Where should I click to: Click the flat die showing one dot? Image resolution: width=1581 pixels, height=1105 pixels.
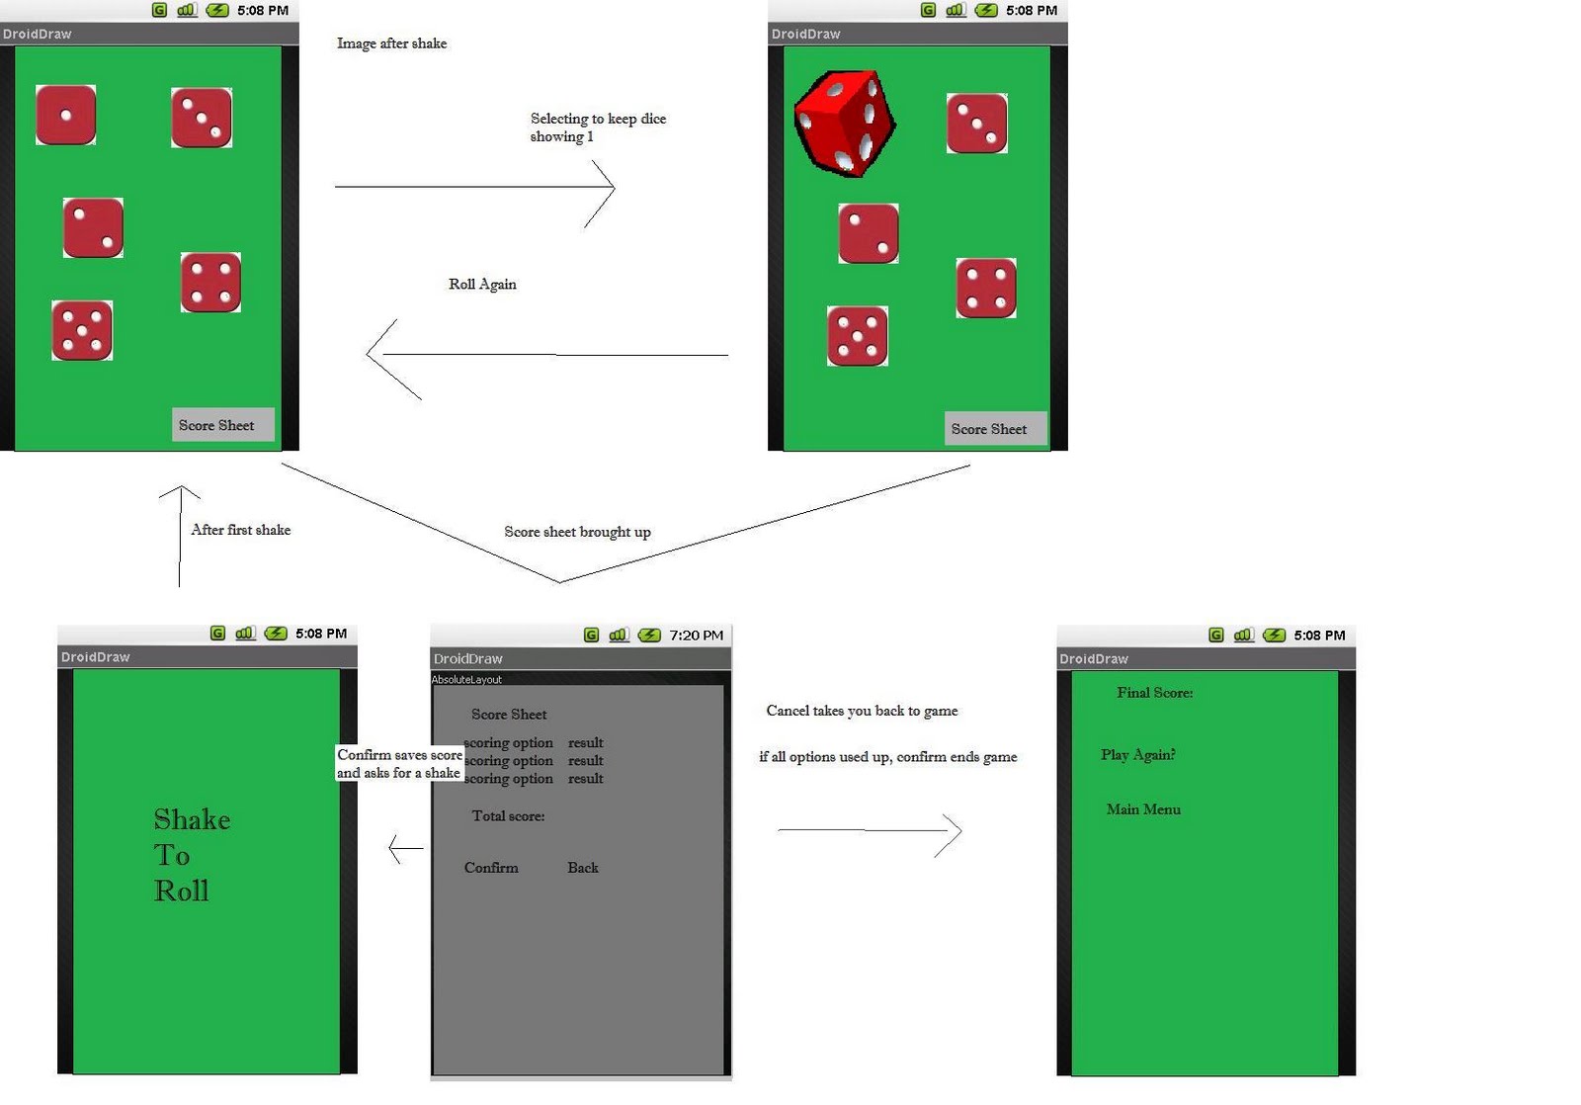[x=65, y=115]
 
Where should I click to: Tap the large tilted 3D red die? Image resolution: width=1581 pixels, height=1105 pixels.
[x=845, y=123]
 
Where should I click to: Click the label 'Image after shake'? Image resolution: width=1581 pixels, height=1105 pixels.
[x=391, y=43]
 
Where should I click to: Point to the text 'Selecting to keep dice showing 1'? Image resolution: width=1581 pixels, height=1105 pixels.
[x=597, y=127]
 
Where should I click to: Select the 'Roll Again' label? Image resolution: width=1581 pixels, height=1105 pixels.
[x=482, y=285]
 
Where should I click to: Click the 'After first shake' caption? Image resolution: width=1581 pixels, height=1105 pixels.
[x=240, y=530]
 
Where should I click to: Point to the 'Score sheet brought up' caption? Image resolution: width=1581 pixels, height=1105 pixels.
[x=577, y=532]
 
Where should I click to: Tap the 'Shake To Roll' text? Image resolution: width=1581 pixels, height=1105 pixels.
[x=191, y=855]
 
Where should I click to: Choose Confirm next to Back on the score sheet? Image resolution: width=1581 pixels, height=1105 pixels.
[x=491, y=868]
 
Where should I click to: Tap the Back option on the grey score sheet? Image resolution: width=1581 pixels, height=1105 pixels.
[x=582, y=868]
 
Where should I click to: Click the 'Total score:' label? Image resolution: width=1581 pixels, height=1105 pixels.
[x=508, y=816]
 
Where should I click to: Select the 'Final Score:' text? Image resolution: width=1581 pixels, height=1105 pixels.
[x=1154, y=693]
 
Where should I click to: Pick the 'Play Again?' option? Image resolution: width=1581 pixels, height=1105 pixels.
[x=1137, y=755]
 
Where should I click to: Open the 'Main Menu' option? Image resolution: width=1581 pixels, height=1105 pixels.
[x=1143, y=809]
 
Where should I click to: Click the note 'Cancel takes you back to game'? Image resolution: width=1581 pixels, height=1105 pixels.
[x=862, y=711]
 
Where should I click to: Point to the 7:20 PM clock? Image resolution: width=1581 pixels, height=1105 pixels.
[x=696, y=636]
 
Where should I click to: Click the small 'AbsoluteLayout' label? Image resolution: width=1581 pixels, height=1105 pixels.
[x=466, y=680]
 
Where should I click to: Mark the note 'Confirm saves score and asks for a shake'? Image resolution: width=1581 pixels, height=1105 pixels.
[x=399, y=764]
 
